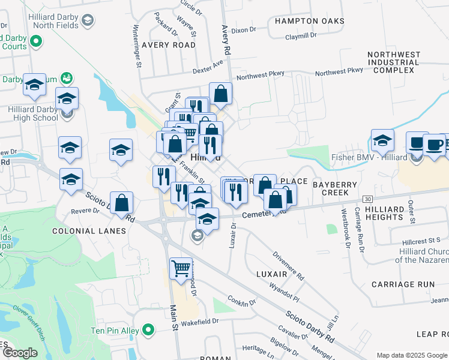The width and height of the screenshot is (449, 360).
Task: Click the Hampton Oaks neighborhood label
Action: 309,21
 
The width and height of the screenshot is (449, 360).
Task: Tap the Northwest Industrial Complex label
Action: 394,62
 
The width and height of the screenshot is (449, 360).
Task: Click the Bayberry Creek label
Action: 331,187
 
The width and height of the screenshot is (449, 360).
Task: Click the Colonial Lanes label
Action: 89,231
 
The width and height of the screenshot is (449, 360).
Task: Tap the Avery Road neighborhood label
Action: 168,45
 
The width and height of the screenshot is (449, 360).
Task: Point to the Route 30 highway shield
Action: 368,198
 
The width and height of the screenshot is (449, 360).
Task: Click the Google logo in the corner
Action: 20,353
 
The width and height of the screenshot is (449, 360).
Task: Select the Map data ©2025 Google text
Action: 412,355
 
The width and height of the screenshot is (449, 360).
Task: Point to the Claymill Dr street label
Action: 301,35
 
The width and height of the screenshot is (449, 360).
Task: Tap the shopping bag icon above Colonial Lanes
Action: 122,203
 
